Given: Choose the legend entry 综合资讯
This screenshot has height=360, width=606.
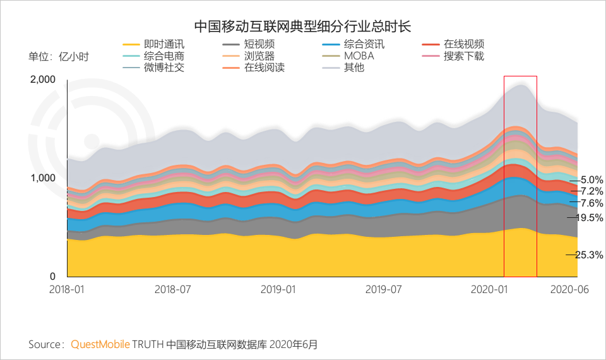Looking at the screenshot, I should [x=364, y=44].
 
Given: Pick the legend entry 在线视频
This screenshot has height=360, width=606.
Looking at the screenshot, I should [x=463, y=44].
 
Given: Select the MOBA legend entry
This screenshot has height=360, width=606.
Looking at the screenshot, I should [x=359, y=56].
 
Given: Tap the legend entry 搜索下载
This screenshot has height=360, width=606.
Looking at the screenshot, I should [x=463, y=56].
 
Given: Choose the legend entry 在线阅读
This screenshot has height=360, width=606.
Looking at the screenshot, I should [x=263, y=67].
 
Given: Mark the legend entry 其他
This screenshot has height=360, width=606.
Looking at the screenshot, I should [x=353, y=67].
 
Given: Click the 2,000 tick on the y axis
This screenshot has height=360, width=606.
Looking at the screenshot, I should [x=43, y=80].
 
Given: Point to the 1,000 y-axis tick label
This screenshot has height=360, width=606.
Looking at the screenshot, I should [x=43, y=178].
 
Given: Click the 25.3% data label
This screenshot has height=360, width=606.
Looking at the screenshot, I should [x=588, y=255].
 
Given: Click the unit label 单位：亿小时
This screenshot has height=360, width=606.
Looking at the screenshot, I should [x=59, y=57].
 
